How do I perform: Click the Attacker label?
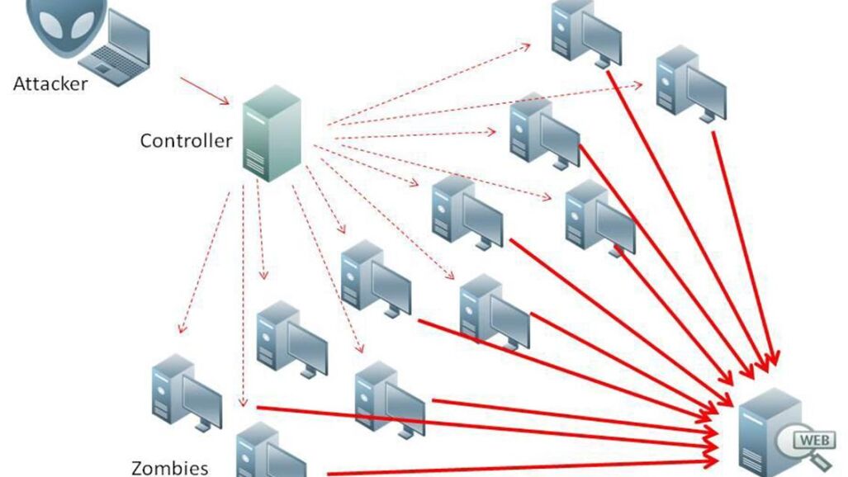[50, 83]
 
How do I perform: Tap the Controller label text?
[186, 140]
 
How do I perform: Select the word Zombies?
[169, 468]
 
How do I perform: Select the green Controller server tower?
[270, 132]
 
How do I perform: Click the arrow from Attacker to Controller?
[205, 91]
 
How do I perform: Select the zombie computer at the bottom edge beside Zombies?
[268, 452]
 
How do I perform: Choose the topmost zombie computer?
[585, 33]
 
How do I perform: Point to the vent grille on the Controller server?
[257, 166]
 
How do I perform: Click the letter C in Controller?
[146, 140]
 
